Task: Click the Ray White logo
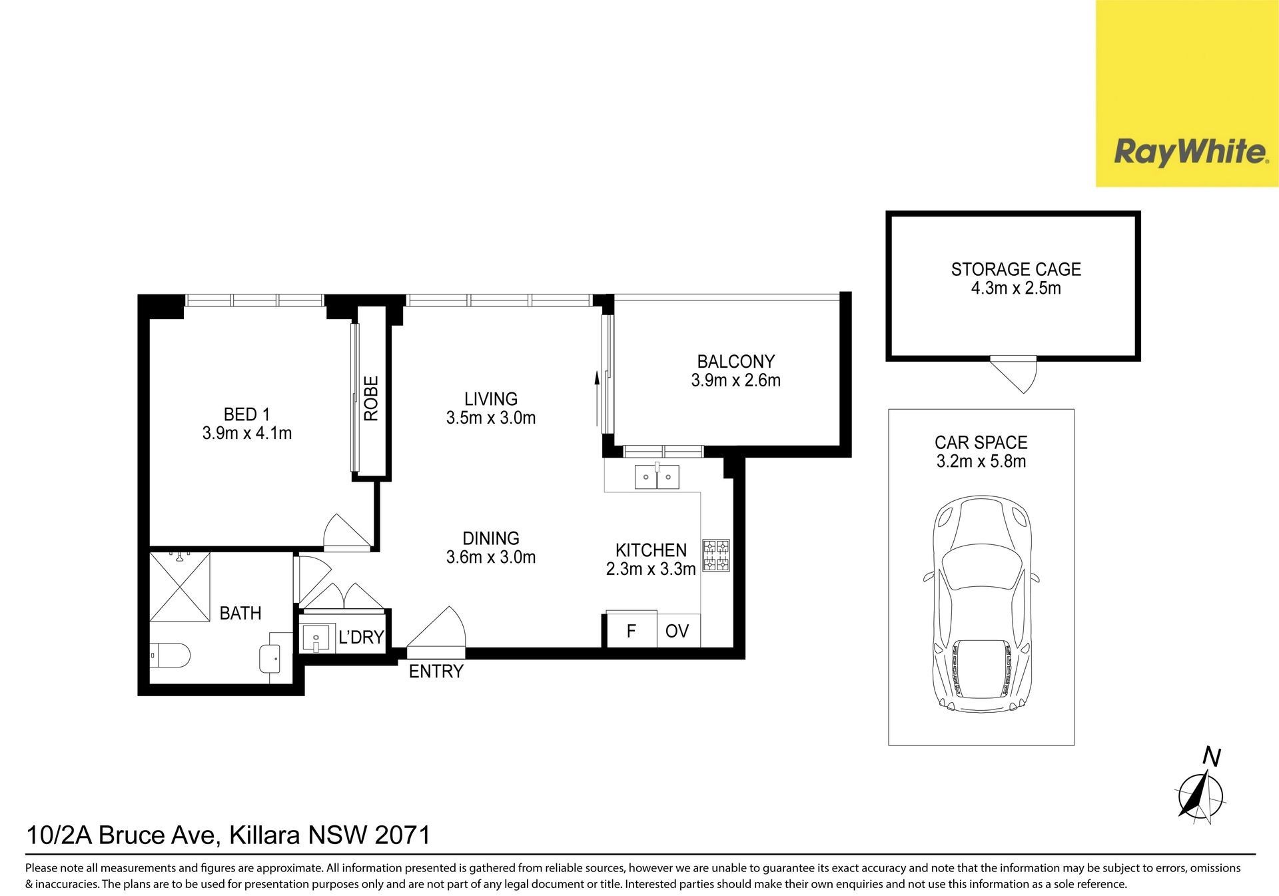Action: pyautogui.click(x=1191, y=152)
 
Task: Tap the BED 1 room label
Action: pyautogui.click(x=247, y=424)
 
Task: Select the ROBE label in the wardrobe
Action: pyautogui.click(x=371, y=398)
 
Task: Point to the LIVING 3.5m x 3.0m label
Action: pyautogui.click(x=491, y=408)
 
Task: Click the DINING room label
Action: pyautogui.click(x=491, y=538)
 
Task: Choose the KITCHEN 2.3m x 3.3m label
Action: pyautogui.click(x=651, y=560)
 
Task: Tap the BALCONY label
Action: pyautogui.click(x=736, y=362)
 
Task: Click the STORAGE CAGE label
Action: pyautogui.click(x=1016, y=270)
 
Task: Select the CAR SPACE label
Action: pyautogui.click(x=981, y=443)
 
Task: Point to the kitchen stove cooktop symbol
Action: pyautogui.click(x=716, y=556)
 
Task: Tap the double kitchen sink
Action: pyautogui.click(x=657, y=477)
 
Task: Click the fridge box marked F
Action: pyautogui.click(x=632, y=630)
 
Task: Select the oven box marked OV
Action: pyautogui.click(x=678, y=631)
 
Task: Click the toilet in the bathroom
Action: pyautogui.click(x=170, y=656)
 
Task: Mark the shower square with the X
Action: pyautogui.click(x=180, y=587)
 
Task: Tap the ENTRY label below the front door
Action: pyautogui.click(x=436, y=672)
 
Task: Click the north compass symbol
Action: pyautogui.click(x=1200, y=795)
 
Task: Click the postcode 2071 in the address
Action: pyautogui.click(x=403, y=835)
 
